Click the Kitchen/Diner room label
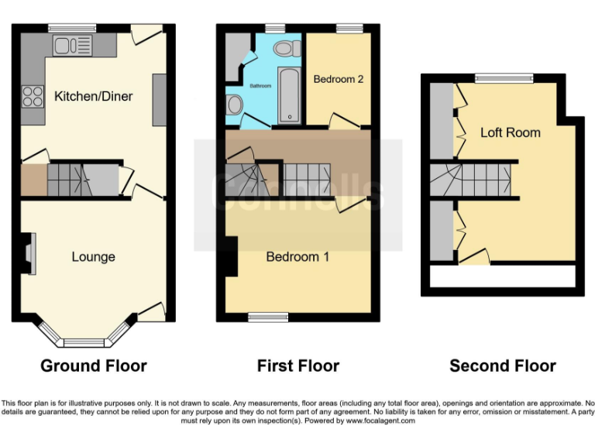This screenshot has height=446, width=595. pos(93,97)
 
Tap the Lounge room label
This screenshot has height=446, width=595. pos(93,256)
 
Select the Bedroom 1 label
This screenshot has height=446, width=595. pos(297,256)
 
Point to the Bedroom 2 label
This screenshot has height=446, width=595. pos(338,78)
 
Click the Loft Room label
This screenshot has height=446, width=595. pos(510,132)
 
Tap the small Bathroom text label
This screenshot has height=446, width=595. pos(260,85)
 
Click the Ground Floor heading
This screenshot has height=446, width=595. pos(93,365)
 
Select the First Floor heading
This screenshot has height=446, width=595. pos(298,365)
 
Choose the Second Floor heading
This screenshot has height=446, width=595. pos(503,365)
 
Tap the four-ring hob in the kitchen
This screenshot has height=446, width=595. pos(33,96)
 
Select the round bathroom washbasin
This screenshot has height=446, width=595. pos(235,105)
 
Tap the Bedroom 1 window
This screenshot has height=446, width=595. pos(267,317)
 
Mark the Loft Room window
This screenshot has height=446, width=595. pos(504,77)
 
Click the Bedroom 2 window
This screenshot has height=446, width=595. pos(346,29)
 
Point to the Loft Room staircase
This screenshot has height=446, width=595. pos(473,180)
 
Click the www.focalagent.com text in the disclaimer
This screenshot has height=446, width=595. pos(380,421)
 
